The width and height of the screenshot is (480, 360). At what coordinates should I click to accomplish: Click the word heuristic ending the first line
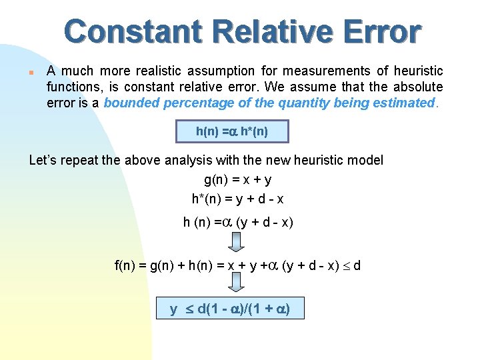click(x=418, y=71)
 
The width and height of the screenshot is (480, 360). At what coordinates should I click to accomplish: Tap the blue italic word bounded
click(x=129, y=103)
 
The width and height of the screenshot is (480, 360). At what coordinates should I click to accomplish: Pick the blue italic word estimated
click(x=406, y=103)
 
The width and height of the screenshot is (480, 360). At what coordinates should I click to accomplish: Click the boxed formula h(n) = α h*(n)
click(x=232, y=131)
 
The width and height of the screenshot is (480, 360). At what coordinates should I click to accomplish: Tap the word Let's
click(x=45, y=160)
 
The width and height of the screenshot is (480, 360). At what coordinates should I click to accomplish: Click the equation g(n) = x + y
click(x=237, y=179)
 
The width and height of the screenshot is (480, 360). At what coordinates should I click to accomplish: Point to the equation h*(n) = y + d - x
click(x=237, y=198)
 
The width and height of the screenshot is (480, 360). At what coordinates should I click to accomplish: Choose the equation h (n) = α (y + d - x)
click(x=238, y=222)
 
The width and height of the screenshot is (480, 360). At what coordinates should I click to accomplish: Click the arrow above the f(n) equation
click(x=237, y=242)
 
